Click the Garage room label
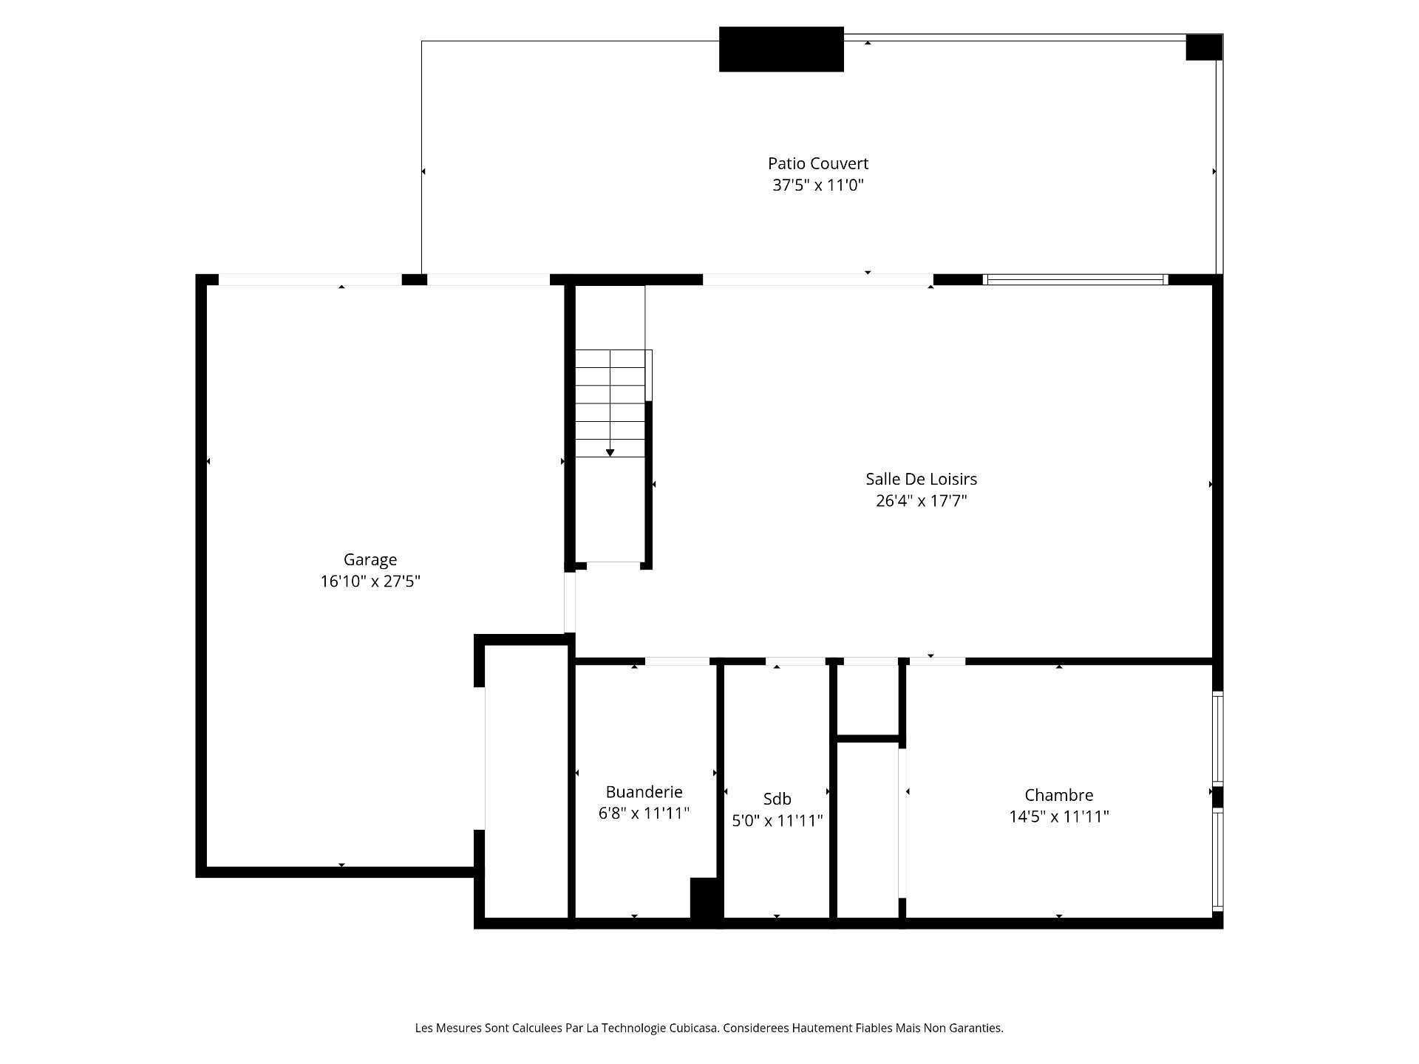pos(370,560)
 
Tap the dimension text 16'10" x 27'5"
pos(370,582)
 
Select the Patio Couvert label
pos(818,163)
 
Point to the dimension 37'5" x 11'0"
pos(818,185)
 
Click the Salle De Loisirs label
pos(922,479)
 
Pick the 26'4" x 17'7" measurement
pos(922,501)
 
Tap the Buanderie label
pos(644,792)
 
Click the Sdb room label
pos(777,799)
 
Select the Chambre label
pos(1059,795)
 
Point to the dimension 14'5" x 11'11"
pos(1059,816)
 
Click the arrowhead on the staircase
pos(610,453)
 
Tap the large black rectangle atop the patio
pos(781,50)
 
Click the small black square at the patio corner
pos(1204,47)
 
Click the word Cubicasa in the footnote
pos(693,1028)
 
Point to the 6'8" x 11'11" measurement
pos(644,814)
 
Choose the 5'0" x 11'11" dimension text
pos(777,820)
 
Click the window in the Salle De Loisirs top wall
pos(1075,279)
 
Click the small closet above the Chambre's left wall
pos(868,699)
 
